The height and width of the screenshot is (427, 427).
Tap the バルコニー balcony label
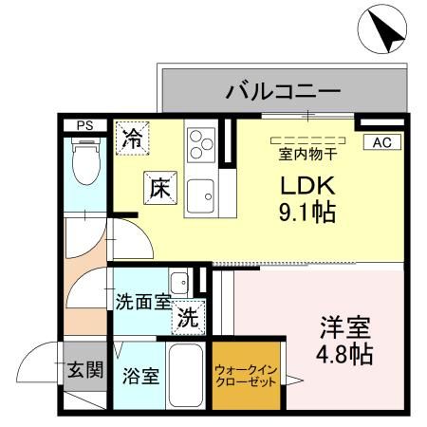pos(282,92)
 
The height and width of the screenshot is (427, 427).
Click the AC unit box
pos(381,142)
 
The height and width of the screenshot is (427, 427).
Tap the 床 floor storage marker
pos(157,187)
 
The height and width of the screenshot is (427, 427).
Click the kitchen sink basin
pos(201,196)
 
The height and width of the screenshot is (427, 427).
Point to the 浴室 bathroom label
pos(141,373)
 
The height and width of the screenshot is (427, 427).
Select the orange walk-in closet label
pos(246,374)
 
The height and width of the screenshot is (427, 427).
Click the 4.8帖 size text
pos(344,356)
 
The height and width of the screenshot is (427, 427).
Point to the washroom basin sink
pos(177,282)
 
